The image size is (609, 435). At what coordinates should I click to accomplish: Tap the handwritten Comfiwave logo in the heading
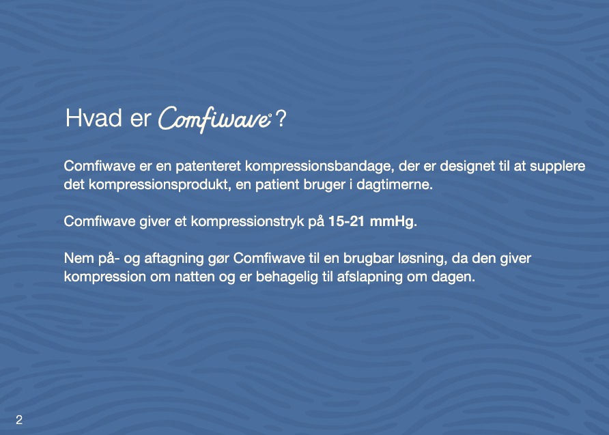tap(215, 119)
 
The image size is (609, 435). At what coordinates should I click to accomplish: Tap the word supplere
tap(559, 168)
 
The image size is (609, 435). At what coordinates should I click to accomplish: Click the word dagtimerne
tap(398, 185)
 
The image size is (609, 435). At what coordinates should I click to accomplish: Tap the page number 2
tap(19, 420)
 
